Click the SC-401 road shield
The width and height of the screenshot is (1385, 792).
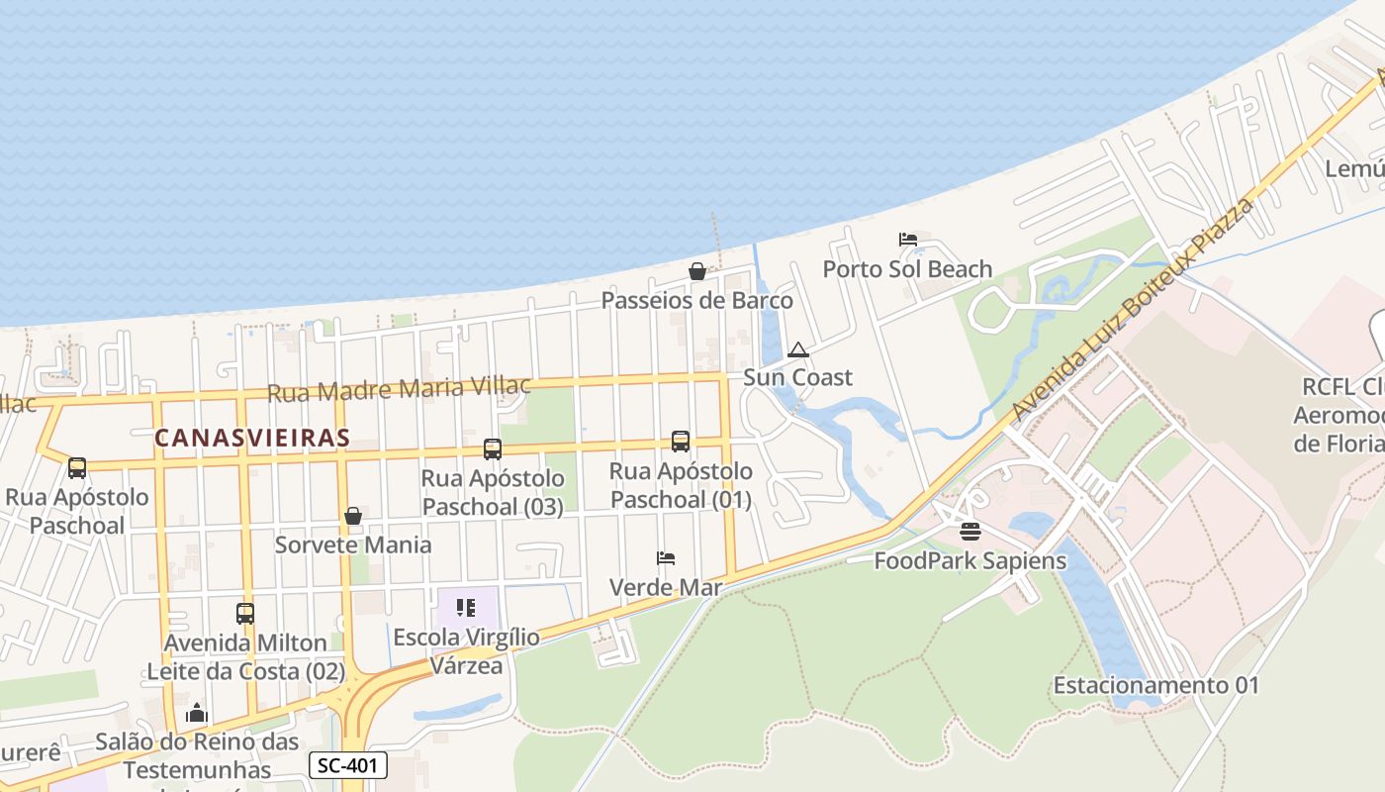click(347, 764)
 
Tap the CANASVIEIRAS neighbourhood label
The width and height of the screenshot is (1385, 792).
click(252, 438)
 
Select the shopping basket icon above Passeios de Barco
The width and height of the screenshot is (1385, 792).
click(697, 271)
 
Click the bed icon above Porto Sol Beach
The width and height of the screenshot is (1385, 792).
click(908, 240)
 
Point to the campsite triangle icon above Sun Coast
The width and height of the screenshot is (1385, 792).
click(798, 349)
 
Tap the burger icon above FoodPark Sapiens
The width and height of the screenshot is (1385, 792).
click(969, 532)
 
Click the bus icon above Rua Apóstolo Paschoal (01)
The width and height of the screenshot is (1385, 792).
click(681, 442)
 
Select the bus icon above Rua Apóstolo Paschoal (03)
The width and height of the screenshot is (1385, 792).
click(493, 449)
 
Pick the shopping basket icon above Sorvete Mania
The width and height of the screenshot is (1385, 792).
click(353, 516)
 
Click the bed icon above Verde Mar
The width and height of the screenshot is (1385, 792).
click(666, 558)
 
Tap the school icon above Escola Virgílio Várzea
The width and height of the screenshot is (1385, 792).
click(466, 607)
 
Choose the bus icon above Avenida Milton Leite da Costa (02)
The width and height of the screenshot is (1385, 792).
click(245, 614)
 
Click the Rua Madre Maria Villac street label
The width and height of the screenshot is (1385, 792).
click(399, 388)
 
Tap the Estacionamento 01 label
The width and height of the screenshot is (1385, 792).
click(1155, 685)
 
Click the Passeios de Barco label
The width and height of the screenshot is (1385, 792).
click(697, 300)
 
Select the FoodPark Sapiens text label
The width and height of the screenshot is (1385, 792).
click(969, 561)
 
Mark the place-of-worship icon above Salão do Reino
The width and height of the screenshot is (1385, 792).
click(197, 713)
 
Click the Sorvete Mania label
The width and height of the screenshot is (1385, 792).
click(353, 544)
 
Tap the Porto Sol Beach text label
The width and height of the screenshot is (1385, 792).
click(907, 269)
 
